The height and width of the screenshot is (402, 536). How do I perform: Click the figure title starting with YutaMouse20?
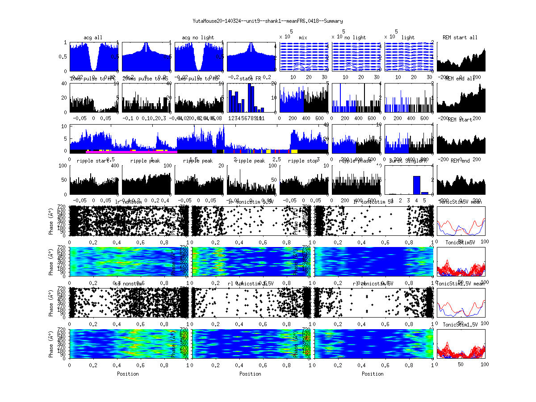(x=268, y=21)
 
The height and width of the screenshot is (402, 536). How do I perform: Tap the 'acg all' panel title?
(x=93, y=38)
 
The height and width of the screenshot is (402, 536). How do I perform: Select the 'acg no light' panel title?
(x=198, y=38)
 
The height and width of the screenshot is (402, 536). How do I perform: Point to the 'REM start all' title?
(x=460, y=38)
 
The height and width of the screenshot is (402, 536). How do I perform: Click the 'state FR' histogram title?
(x=251, y=79)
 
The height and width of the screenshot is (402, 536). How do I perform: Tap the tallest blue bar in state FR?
(x=251, y=98)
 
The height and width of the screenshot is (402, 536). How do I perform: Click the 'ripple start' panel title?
(x=93, y=161)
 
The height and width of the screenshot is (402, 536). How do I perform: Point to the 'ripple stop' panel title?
(x=304, y=161)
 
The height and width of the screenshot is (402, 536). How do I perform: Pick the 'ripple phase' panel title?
(x=356, y=161)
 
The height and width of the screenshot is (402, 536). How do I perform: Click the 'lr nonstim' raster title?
(x=130, y=202)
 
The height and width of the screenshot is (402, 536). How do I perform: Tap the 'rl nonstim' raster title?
(x=130, y=284)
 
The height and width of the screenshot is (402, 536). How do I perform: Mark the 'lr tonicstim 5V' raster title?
(x=373, y=202)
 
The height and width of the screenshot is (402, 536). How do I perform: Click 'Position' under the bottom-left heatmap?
(x=128, y=374)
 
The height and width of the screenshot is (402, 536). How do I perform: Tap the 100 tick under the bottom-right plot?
(x=484, y=365)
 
